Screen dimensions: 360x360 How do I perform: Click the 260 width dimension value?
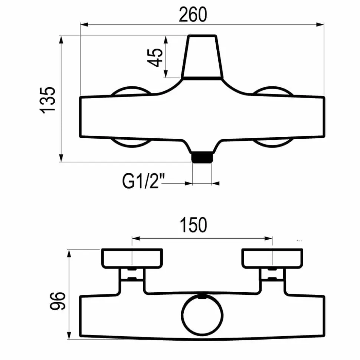point(193,15)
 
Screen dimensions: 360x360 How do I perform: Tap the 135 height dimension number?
point(48,100)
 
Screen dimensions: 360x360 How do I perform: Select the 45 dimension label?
point(155,57)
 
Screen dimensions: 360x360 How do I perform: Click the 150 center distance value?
point(193,225)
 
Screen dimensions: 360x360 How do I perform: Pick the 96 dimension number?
point(58,301)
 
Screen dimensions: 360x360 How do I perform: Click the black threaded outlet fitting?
point(202,158)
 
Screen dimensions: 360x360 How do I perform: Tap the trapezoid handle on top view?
point(202,57)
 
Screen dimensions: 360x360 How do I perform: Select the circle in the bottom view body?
point(202,315)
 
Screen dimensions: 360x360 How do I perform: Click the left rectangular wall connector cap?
point(132,258)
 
